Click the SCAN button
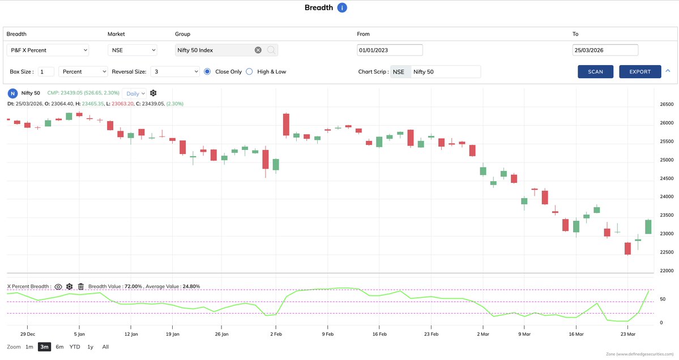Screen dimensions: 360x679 (x=595, y=72)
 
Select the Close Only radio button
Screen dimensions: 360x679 (x=207, y=72)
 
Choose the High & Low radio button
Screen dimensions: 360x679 (x=249, y=72)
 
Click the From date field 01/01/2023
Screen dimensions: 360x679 (x=390, y=50)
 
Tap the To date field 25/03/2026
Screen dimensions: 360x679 (x=605, y=50)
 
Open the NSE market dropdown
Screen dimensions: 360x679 (x=132, y=50)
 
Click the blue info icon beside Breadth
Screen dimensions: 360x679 (x=341, y=7)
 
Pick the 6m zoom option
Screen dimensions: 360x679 (x=59, y=346)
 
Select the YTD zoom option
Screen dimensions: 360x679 (x=75, y=346)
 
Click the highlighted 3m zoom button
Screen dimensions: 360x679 (x=44, y=346)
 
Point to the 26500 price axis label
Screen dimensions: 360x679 (x=667, y=104)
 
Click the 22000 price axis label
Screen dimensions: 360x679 (x=667, y=271)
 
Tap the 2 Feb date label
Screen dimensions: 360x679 (x=276, y=334)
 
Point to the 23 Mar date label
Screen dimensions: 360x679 (x=627, y=334)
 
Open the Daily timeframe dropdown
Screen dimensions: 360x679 (x=135, y=93)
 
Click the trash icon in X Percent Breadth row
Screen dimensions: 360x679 (x=81, y=286)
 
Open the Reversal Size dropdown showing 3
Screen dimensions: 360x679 (x=175, y=72)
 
